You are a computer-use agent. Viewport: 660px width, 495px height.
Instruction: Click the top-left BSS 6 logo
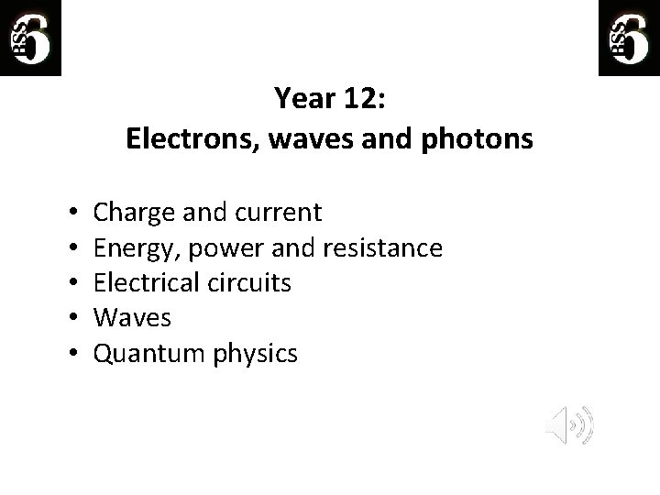coord(30,38)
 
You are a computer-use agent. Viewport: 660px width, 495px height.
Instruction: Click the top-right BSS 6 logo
coord(628,38)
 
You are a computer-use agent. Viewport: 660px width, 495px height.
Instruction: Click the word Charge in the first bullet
coord(133,214)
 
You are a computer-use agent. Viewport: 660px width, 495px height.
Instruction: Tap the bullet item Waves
coord(132,318)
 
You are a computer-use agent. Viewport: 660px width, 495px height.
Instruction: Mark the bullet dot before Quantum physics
coord(71,353)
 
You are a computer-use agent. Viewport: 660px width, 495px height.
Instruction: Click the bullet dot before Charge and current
coord(71,214)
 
